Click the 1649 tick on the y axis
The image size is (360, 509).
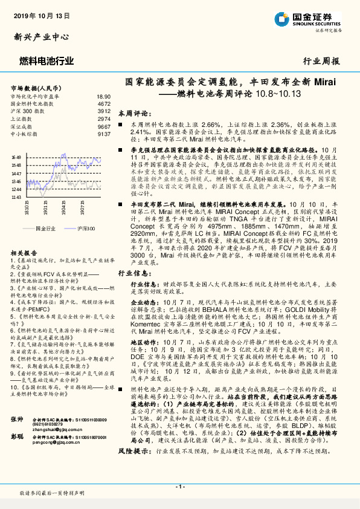click(x=16, y=157)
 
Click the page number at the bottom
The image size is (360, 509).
click(x=179, y=487)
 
